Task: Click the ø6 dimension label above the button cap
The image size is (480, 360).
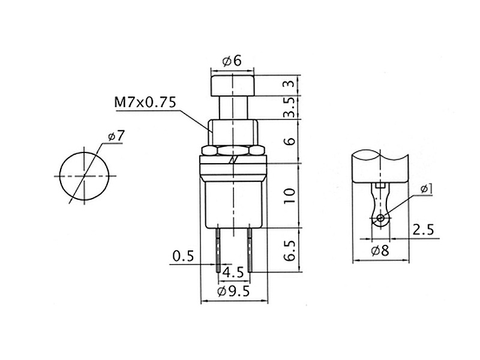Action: click(232, 61)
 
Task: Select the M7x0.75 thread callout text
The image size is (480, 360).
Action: click(145, 102)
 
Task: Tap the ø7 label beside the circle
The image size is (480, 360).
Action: click(116, 136)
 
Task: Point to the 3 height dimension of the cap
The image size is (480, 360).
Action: click(290, 83)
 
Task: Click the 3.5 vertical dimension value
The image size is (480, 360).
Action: click(290, 107)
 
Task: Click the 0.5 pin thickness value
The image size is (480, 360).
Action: click(183, 256)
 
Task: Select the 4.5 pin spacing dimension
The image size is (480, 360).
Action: click(233, 272)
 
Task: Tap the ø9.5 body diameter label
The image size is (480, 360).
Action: click(233, 291)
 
